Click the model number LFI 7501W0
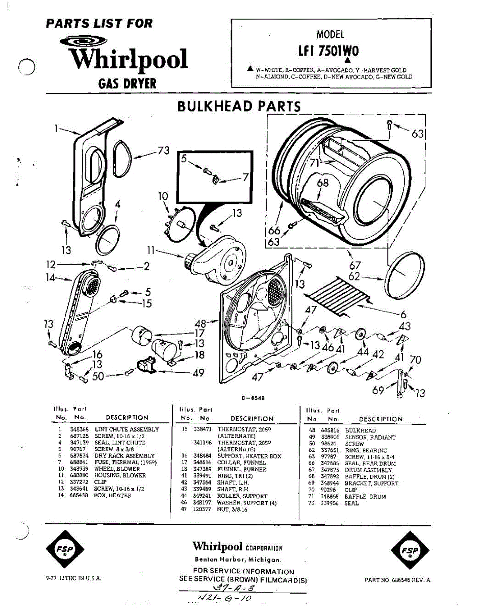[x=329, y=51]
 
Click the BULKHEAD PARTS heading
[x=239, y=106]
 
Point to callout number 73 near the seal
[x=163, y=150]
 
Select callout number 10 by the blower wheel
[x=163, y=196]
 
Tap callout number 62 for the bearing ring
[x=354, y=276]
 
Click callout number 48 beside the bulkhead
[x=201, y=323]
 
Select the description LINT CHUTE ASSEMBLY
[x=127, y=430]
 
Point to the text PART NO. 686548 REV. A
[x=398, y=580]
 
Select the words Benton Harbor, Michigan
[x=237, y=559]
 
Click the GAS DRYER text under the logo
[x=128, y=83]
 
